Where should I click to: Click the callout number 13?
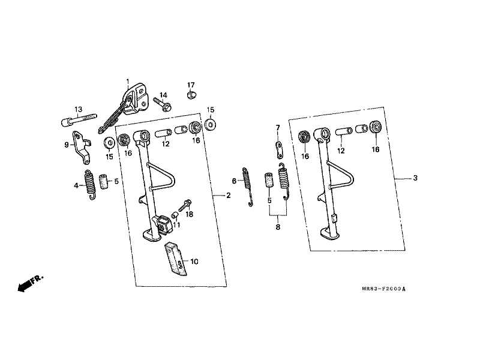point(79,109)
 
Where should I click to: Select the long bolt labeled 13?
point(79,119)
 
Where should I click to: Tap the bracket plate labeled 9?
point(82,147)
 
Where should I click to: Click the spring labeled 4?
point(89,185)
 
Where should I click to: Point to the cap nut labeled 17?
point(191,95)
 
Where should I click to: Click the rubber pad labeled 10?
point(176,259)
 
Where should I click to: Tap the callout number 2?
point(229,196)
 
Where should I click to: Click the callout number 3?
point(415,178)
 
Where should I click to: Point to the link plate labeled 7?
point(279,149)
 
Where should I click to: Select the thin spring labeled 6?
point(248,187)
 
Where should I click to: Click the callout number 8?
point(278,227)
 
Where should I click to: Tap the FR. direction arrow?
point(31,283)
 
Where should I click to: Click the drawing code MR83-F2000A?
point(383,289)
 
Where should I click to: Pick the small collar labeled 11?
point(175,215)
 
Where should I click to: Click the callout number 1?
point(128,82)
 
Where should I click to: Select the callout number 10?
point(194,262)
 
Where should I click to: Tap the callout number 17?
point(191,85)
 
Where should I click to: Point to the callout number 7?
point(278,127)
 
